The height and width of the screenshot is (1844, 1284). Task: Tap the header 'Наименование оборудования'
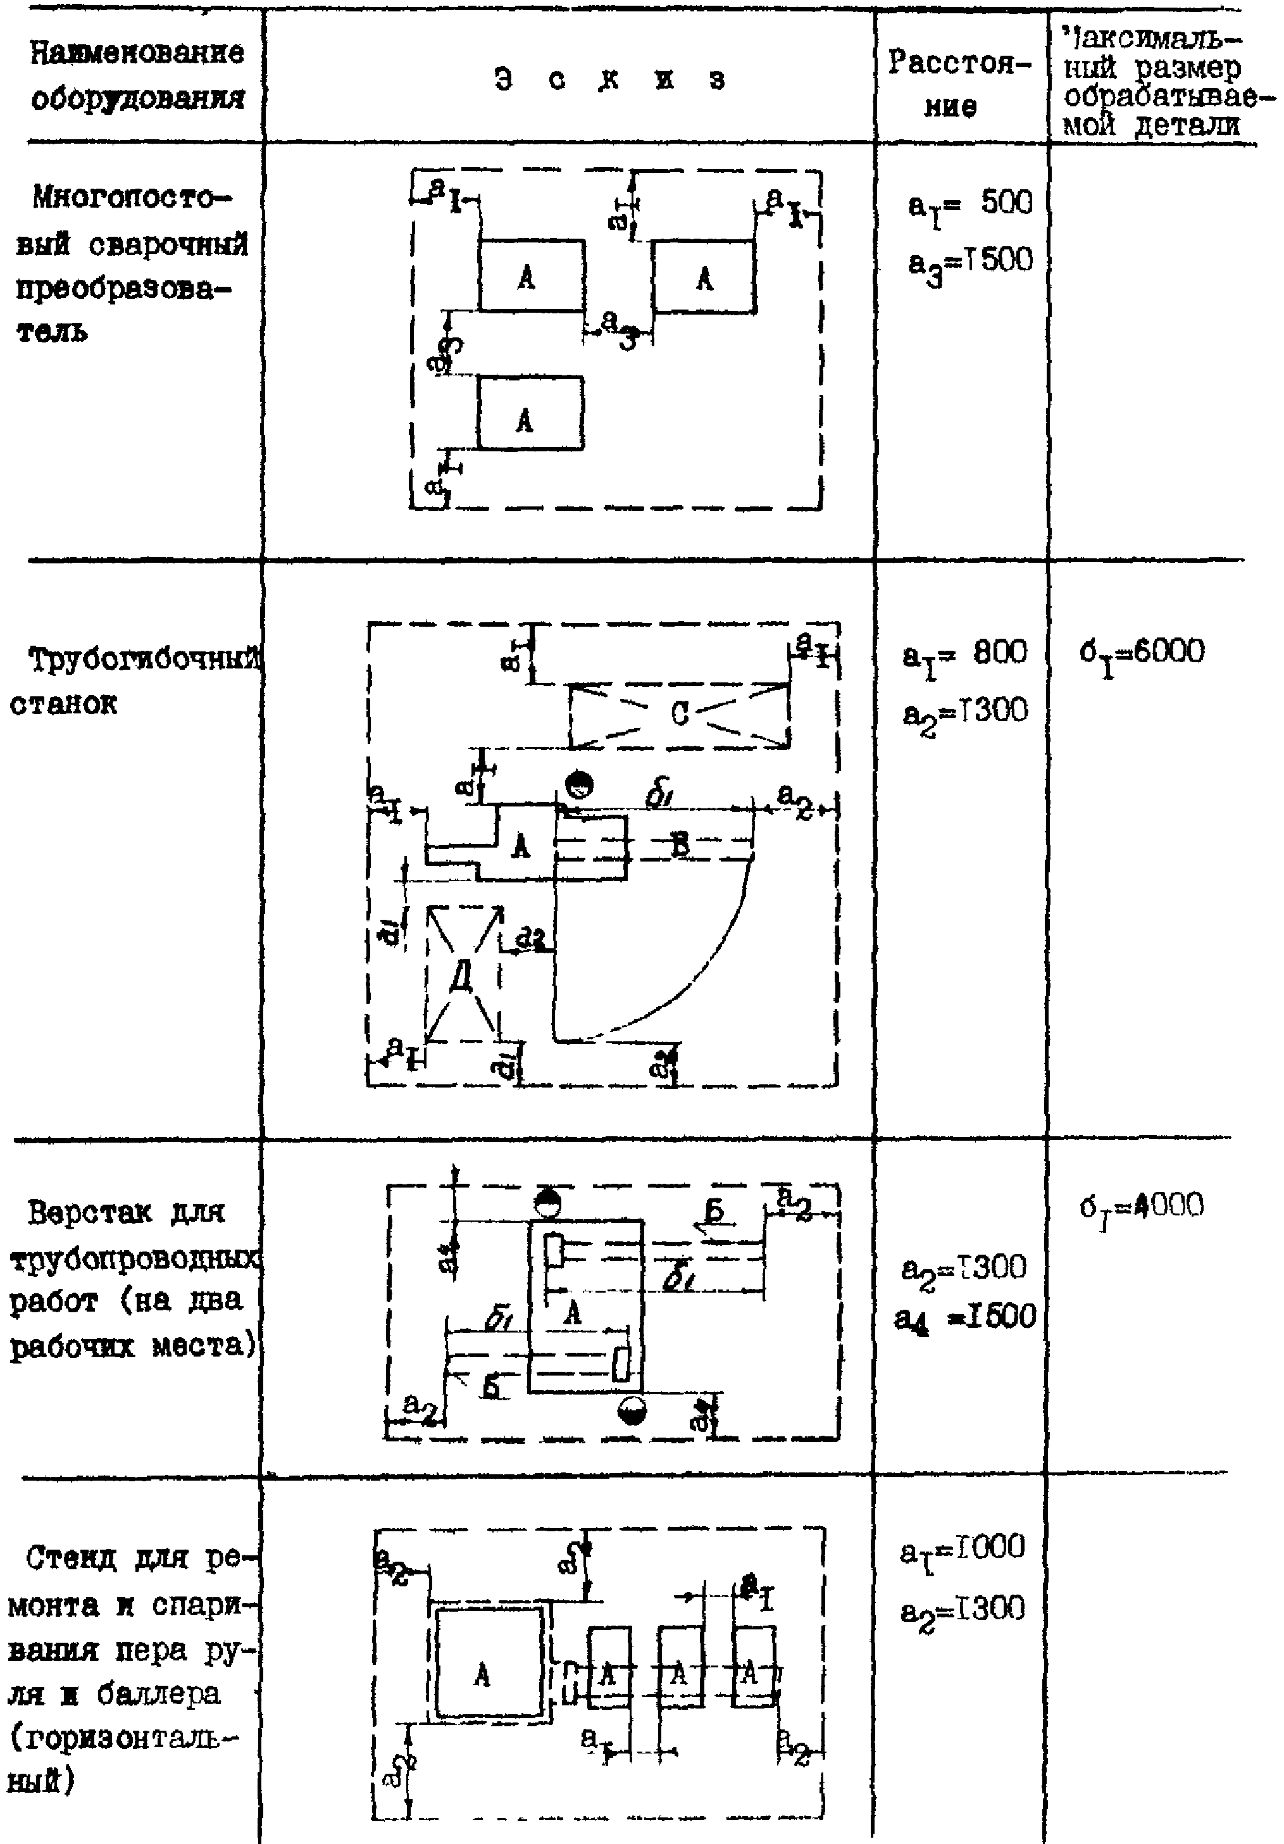(137, 75)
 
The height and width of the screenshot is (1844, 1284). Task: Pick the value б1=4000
(1141, 1207)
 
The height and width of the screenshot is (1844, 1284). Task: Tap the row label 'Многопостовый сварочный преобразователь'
(128, 263)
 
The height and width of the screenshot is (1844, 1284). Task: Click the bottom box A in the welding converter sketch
(529, 413)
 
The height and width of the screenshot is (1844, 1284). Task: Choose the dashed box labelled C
(678, 715)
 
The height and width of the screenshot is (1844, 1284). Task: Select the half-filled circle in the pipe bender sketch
(578, 784)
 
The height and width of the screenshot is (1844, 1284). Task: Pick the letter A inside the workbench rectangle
(571, 1312)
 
